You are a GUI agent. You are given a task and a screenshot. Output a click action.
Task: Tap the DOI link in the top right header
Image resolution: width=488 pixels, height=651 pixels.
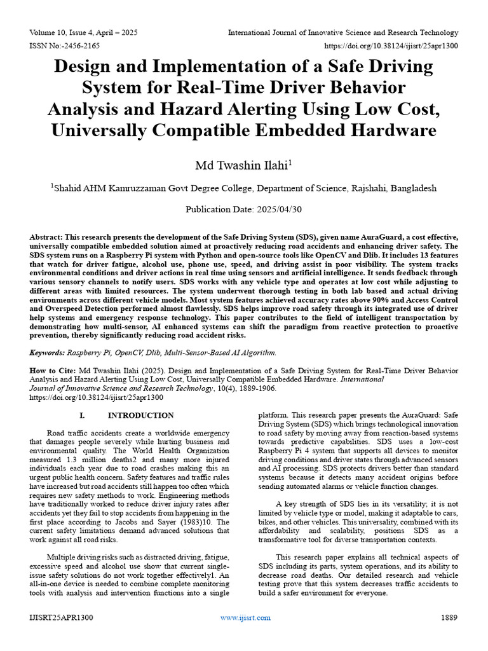pos(391,46)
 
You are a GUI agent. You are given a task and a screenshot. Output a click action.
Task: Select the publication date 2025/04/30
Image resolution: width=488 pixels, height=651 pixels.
pos(274,209)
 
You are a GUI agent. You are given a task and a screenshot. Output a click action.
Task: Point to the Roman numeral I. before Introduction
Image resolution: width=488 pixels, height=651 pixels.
pos(81,415)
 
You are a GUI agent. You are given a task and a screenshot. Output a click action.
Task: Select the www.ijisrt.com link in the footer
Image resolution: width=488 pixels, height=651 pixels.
pos(245,617)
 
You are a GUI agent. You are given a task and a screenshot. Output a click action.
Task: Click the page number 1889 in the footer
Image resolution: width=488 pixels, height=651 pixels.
pos(450,617)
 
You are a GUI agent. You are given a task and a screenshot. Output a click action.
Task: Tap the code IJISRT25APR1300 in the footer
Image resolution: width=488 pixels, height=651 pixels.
pos(62,617)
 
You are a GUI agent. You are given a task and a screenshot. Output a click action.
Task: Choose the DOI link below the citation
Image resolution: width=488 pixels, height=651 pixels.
pos(97,397)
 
